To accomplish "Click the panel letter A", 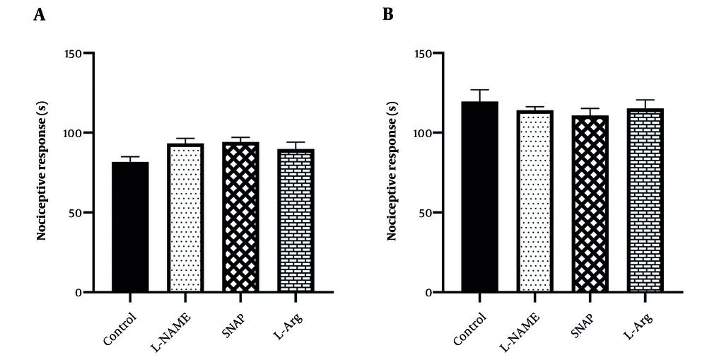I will click(x=40, y=15).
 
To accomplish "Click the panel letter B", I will click(x=387, y=15).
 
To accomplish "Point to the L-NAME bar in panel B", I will click(x=534, y=201).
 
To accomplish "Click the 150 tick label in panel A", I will click(x=74, y=53).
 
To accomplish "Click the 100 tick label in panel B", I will click(x=422, y=133).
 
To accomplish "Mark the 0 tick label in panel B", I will click(x=428, y=293).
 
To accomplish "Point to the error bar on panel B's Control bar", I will click(x=479, y=95).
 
